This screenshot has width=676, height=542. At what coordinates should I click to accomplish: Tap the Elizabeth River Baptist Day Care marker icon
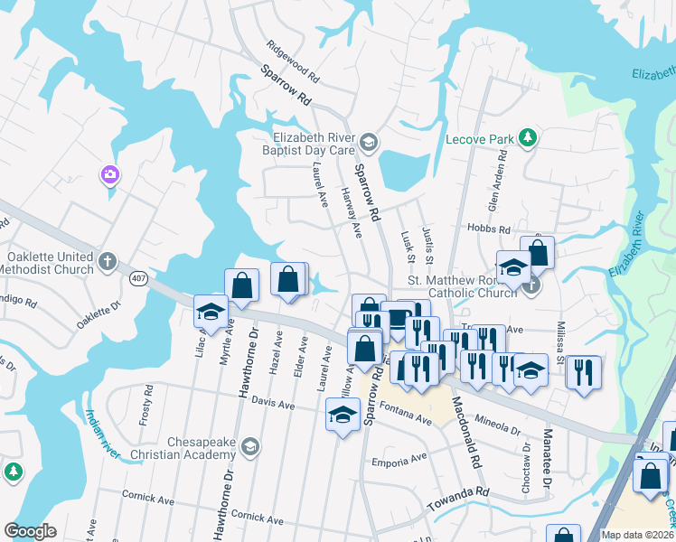click(x=368, y=142)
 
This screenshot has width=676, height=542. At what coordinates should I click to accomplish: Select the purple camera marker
click(x=110, y=174)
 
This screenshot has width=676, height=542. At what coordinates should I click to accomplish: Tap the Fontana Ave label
click(x=411, y=419)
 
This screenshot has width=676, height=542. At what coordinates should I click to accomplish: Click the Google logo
click(x=31, y=531)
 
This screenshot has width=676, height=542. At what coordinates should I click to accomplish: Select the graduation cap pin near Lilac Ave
click(x=211, y=312)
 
